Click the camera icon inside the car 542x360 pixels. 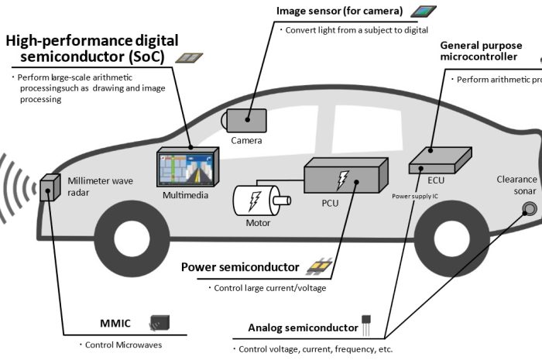246,120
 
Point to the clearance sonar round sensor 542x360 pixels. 530,207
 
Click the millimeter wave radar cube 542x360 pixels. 51,187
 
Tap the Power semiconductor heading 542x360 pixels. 240,267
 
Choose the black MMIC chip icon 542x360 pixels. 160,323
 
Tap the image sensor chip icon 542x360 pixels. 424,12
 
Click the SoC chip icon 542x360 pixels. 186,58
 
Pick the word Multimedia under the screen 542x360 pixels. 186,195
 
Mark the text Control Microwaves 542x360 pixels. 122,345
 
